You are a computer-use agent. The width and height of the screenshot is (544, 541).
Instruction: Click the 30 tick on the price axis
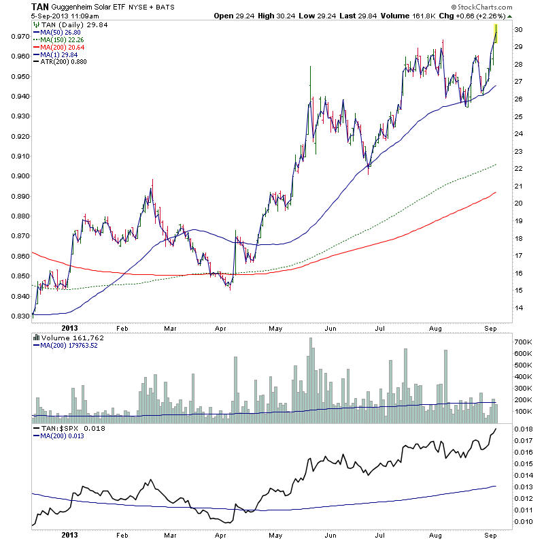518,29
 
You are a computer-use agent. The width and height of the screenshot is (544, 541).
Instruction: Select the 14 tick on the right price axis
518,308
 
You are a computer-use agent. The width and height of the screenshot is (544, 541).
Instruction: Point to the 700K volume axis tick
524,341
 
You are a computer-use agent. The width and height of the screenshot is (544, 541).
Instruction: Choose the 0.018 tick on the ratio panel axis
524,429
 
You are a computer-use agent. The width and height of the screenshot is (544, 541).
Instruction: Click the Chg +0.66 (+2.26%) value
471,15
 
